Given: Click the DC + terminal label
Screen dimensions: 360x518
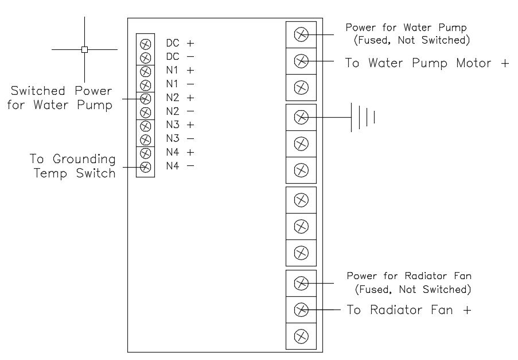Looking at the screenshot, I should [x=180, y=43].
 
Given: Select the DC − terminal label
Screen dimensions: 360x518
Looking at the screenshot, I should [x=180, y=57].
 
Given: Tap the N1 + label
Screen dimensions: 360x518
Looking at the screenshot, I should [x=180, y=71].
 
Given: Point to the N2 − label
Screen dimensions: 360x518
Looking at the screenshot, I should [x=180, y=111].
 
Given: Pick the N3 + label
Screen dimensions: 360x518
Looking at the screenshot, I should [x=180, y=125].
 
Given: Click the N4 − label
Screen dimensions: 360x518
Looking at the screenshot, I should [x=180, y=166].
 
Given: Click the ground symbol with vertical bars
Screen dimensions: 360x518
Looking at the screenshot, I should [x=363, y=117].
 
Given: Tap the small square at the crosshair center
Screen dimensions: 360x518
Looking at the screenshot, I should [x=84, y=49].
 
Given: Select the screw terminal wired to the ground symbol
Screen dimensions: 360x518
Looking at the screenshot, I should [x=301, y=117].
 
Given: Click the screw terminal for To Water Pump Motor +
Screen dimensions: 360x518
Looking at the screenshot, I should [x=301, y=61].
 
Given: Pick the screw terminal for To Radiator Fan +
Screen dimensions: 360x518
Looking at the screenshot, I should [x=301, y=310].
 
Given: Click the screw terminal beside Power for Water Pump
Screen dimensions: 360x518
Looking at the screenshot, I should [x=301, y=34].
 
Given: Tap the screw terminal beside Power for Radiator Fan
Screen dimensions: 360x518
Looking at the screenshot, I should [x=301, y=283].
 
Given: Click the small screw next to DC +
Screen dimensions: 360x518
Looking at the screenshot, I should [x=145, y=44].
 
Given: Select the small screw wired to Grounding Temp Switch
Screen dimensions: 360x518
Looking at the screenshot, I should [x=145, y=167].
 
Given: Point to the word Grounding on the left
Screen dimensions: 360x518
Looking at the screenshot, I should [x=84, y=159].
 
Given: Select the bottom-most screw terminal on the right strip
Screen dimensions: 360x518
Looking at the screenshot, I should [x=301, y=335].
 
